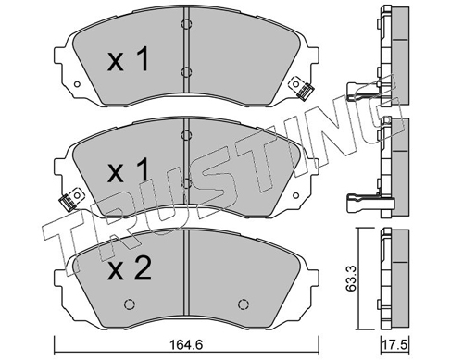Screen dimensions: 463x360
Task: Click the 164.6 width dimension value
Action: [186, 344]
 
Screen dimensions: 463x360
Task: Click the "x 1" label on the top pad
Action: [128, 59]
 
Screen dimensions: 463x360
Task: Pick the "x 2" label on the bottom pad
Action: [130, 268]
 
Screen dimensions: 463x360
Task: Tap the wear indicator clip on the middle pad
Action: [70, 199]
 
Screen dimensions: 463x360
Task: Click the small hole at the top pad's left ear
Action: [77, 84]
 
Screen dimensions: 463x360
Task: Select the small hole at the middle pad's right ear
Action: [295, 195]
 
